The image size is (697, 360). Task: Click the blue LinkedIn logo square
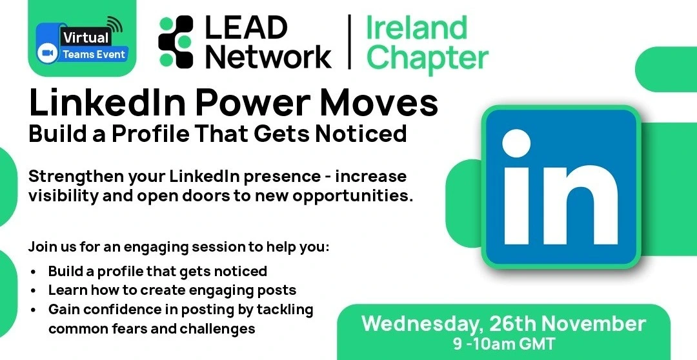point(561,186)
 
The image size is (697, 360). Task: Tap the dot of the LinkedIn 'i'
point(516,143)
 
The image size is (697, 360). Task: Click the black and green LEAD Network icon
point(176,42)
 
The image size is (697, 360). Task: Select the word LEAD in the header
point(246,28)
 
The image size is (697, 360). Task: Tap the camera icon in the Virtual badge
point(47,54)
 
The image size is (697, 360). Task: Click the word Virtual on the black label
point(86,37)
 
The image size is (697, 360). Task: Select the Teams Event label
point(94,54)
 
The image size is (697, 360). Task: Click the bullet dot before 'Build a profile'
point(34,272)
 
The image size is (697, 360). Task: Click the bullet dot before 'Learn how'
point(34,291)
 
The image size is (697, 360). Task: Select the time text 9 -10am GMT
point(504,344)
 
